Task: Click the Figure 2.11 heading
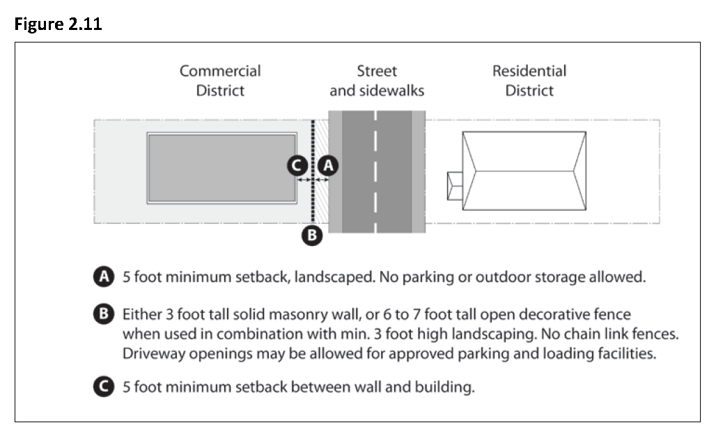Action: tap(57, 24)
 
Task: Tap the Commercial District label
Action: tap(220, 80)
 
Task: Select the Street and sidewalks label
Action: tap(376, 80)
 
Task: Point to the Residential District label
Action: tap(529, 80)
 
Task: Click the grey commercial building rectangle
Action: tap(221, 168)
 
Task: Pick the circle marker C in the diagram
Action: tap(297, 165)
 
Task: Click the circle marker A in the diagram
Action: tap(328, 165)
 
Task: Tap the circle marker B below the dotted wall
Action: tap(312, 236)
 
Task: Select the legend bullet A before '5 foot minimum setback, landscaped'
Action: tap(104, 277)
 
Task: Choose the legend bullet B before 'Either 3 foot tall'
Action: tap(104, 315)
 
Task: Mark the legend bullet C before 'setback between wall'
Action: tap(104, 387)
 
